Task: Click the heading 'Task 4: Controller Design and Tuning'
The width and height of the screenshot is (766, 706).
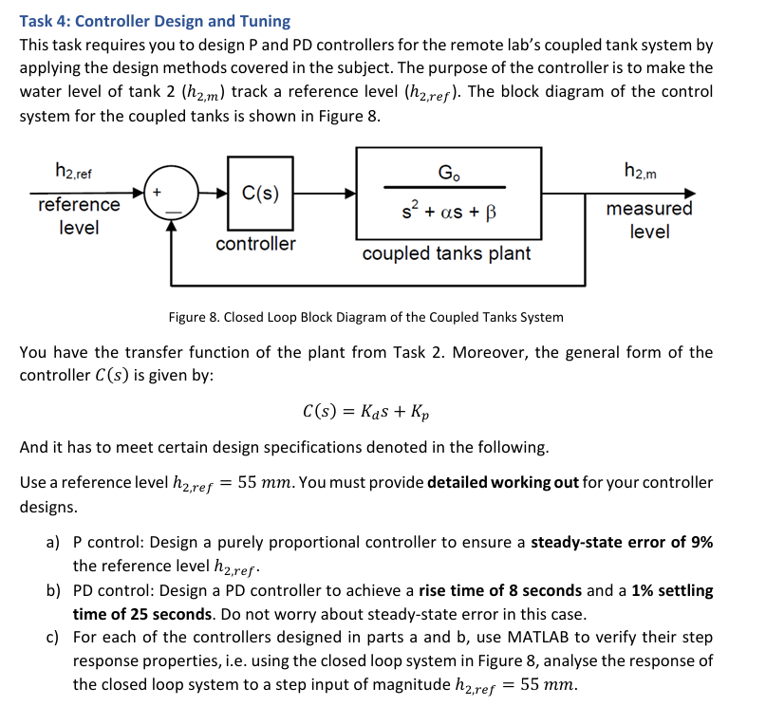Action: tap(156, 21)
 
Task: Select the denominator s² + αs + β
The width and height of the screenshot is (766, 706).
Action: tap(446, 211)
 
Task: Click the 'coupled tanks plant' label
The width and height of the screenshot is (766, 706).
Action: tap(446, 253)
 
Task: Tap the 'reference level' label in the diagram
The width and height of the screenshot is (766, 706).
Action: tap(79, 216)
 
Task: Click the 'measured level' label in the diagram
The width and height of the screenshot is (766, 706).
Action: tap(649, 219)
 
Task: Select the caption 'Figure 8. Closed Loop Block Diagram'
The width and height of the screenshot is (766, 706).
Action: tap(365, 317)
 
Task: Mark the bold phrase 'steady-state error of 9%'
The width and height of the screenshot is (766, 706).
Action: tap(622, 543)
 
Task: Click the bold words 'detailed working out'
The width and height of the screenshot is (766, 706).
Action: tap(502, 482)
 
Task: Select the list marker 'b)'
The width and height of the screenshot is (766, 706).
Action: tap(55, 590)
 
